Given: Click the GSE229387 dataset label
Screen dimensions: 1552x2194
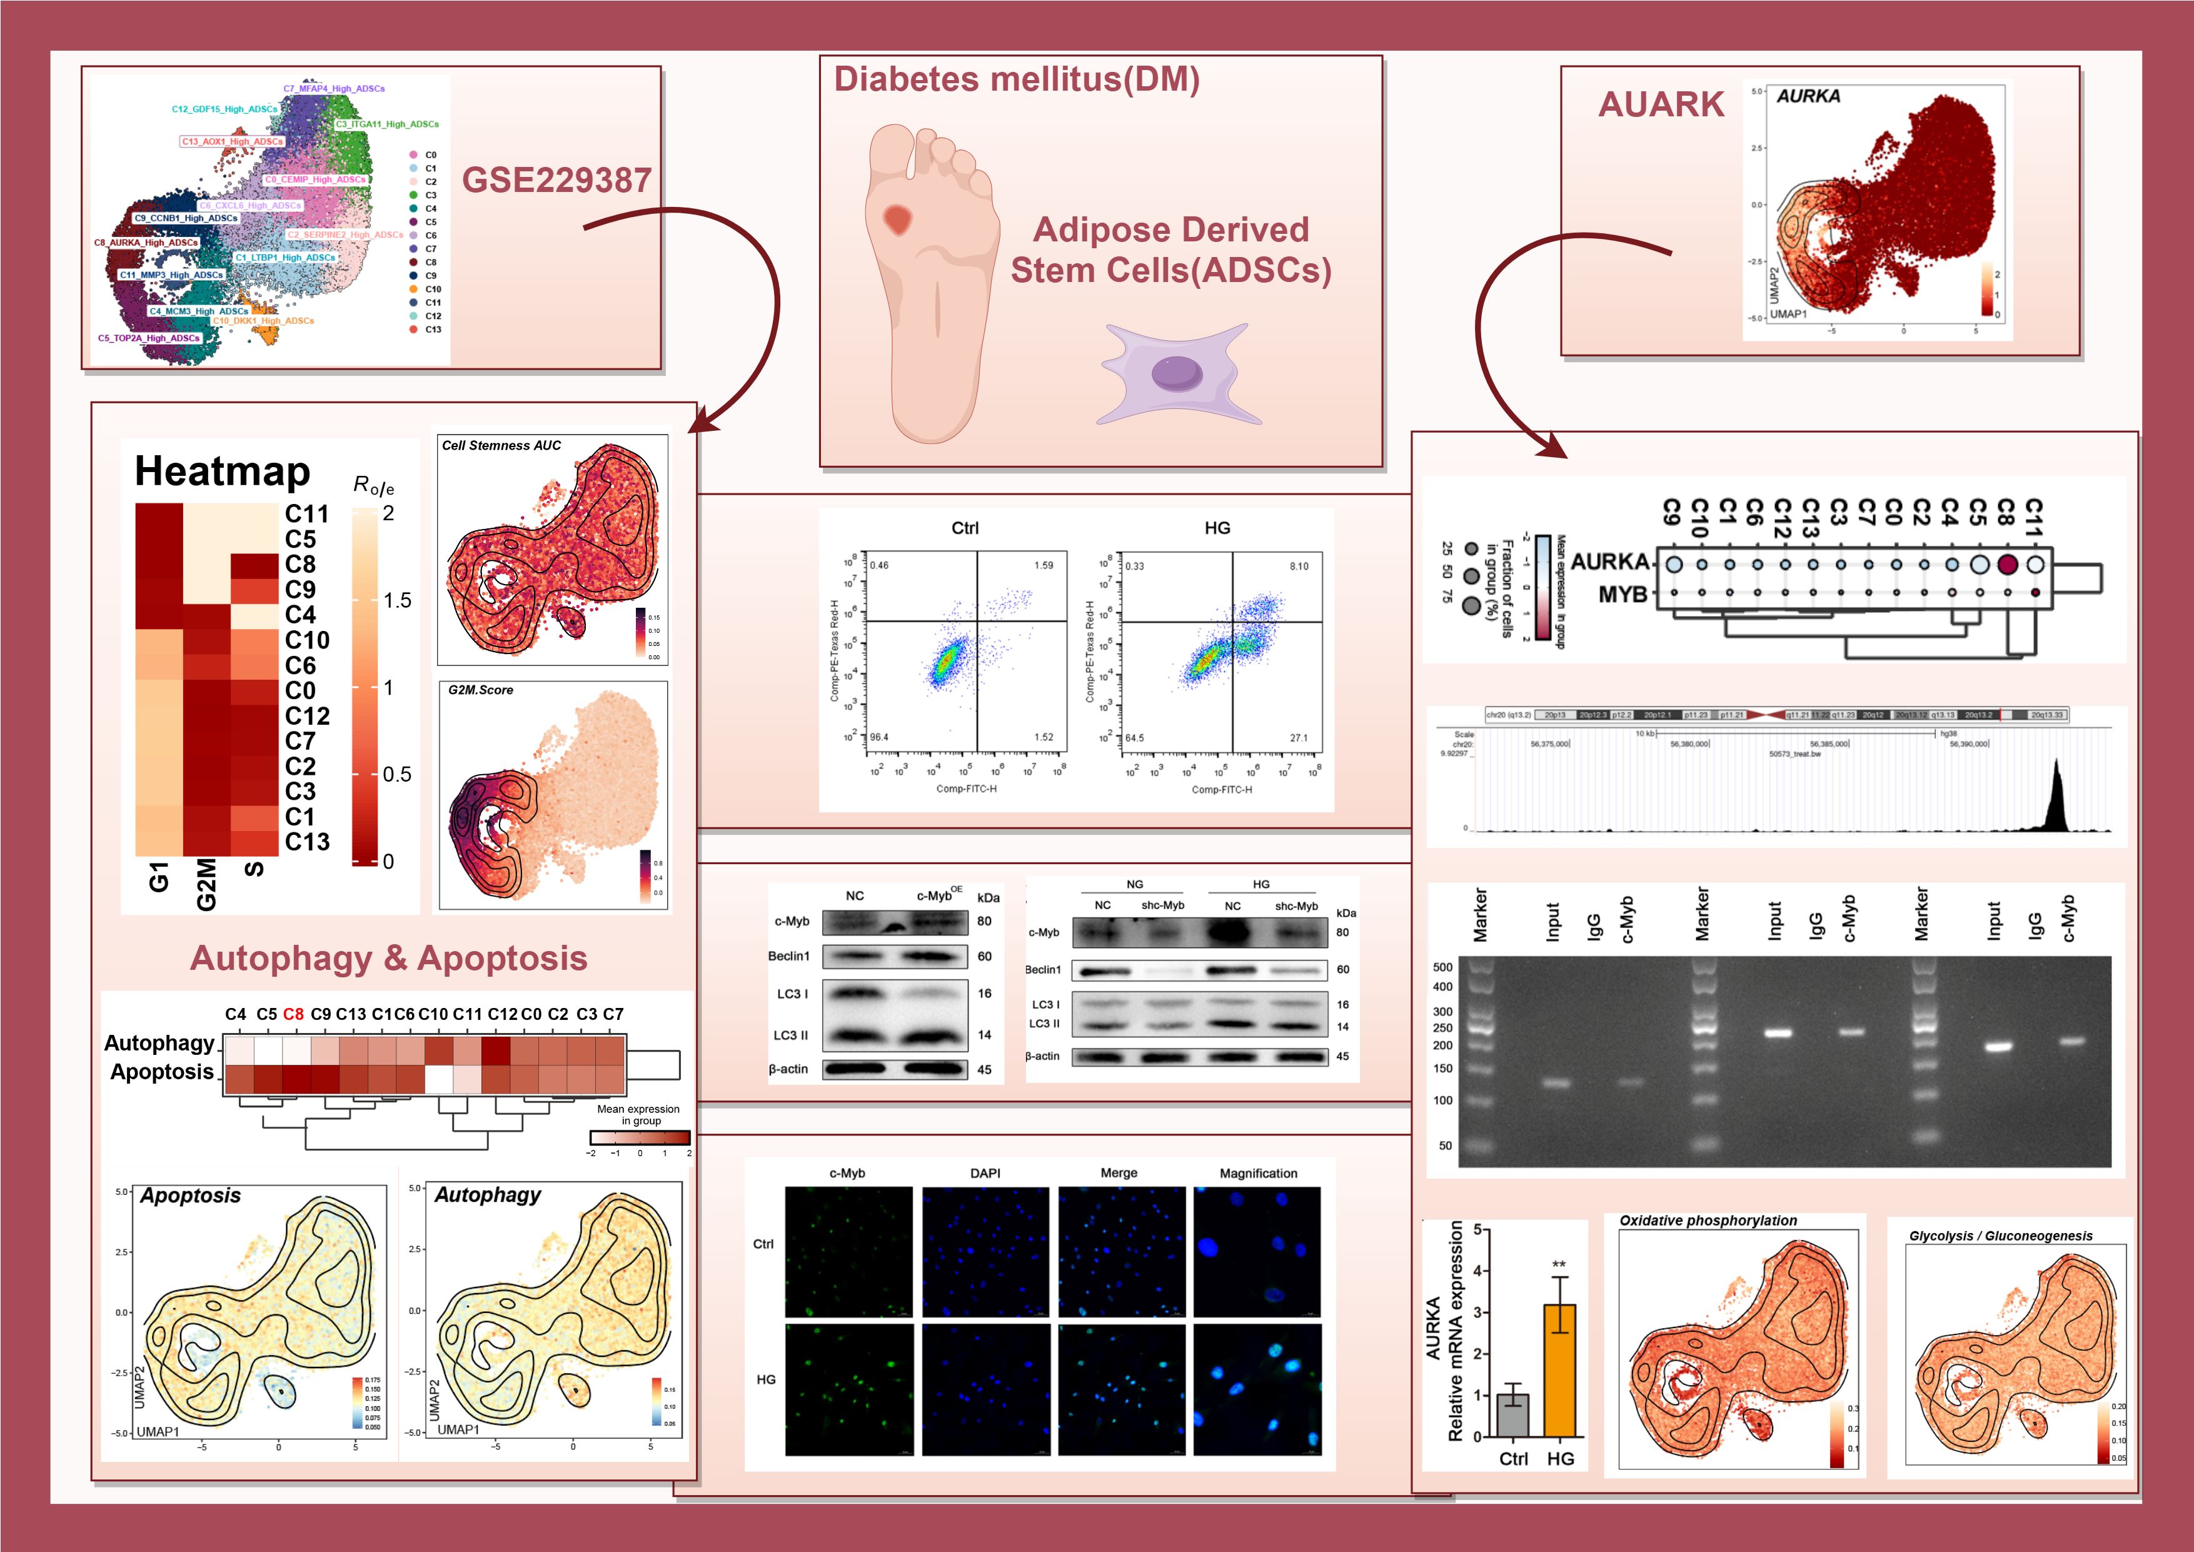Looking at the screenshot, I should coord(556,179).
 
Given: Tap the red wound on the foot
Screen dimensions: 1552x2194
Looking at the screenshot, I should coord(897,220).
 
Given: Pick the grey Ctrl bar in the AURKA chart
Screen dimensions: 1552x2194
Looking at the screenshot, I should coord(1512,1414).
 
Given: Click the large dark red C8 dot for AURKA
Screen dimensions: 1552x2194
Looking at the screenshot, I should coord(2006,564).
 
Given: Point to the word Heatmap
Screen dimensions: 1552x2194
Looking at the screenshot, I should coord(222,471).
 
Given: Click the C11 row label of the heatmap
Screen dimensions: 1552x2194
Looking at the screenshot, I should coord(307,514).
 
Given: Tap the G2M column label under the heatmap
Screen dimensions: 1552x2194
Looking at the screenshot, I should coord(206,884).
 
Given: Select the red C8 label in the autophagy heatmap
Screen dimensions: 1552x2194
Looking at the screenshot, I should coord(293,1014).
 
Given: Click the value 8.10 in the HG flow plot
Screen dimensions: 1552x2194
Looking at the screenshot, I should coord(1299,567).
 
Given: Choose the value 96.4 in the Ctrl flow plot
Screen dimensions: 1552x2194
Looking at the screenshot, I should coord(878,737).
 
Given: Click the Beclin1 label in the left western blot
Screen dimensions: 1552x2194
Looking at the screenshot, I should coord(788,955).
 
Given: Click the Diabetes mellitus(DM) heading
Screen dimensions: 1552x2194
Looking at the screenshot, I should coord(1016,79).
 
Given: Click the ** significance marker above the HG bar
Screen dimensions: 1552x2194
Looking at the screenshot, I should coord(1559,1264).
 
